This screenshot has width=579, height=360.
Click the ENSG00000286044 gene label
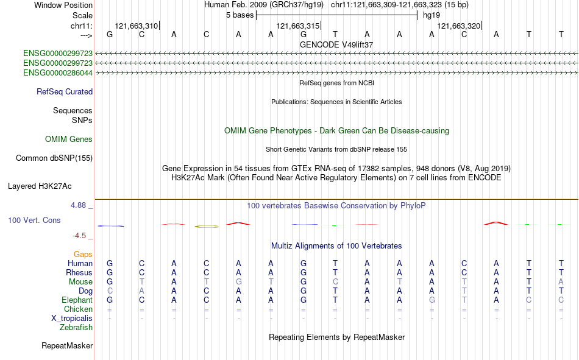click(x=58, y=72)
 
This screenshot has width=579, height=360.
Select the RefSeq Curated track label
click(x=65, y=91)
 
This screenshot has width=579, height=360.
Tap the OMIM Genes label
click(x=69, y=139)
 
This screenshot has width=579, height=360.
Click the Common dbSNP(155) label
click(x=54, y=158)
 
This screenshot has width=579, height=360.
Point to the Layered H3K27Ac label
click(x=40, y=186)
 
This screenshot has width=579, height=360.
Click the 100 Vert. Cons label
click(x=34, y=220)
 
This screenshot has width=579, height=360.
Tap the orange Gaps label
click(x=83, y=254)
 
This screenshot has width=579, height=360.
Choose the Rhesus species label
click(x=79, y=272)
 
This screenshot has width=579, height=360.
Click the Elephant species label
click(x=77, y=300)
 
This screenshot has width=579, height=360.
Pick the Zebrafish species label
click(x=76, y=328)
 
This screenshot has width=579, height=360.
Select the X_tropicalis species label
click(x=72, y=319)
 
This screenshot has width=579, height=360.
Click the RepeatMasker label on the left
click(x=67, y=345)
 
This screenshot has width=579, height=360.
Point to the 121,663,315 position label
click(x=297, y=26)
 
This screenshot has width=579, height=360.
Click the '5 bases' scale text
click(x=240, y=15)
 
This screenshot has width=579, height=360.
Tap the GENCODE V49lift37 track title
click(x=336, y=44)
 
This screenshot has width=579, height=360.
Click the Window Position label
click(x=63, y=5)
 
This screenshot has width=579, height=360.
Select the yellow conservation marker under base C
click(x=207, y=227)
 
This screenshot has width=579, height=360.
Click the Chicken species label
click(x=78, y=309)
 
